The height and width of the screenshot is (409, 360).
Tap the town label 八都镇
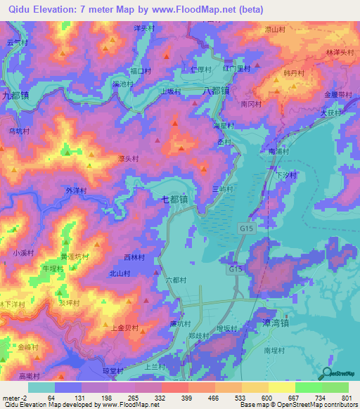pyautogui.click(x=215, y=91)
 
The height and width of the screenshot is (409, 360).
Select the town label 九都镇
pyautogui.click(x=15, y=93)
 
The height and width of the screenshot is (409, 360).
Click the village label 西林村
pyautogui.click(x=134, y=258)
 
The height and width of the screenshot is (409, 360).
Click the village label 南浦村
pyautogui.click(x=279, y=150)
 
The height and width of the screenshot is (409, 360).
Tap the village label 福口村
pyautogui.click(x=141, y=71)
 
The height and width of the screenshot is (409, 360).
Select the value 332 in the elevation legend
pyautogui.click(x=161, y=398)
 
